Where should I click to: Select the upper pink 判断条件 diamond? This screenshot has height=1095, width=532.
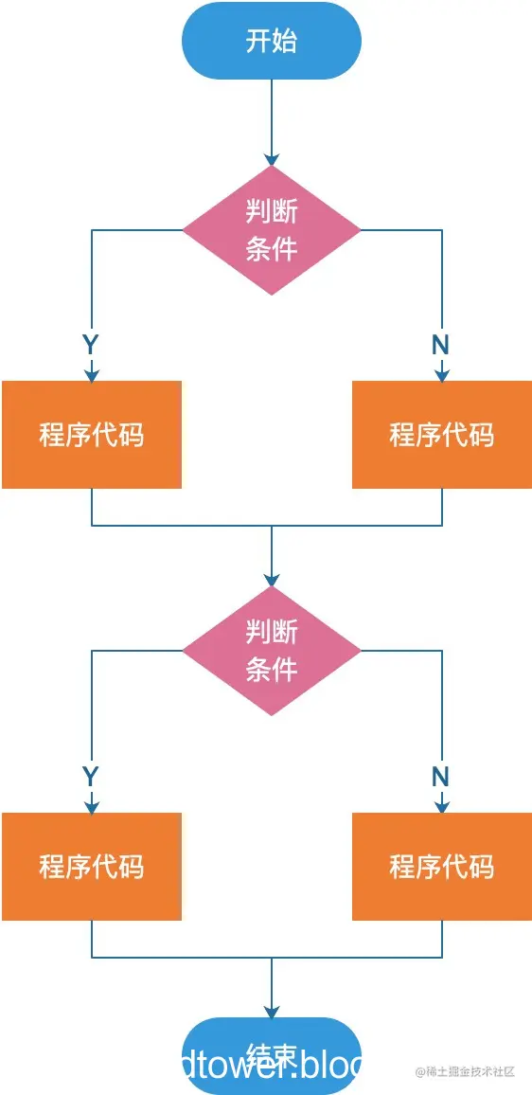pyautogui.click(x=272, y=229)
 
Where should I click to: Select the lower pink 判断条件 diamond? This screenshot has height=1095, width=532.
pyautogui.click(x=272, y=651)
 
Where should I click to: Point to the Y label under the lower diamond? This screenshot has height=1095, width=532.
pyautogui.click(x=91, y=777)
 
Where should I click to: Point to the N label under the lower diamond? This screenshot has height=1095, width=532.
pyautogui.click(x=440, y=777)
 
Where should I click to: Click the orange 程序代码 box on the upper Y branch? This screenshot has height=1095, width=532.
pyautogui.click(x=91, y=435)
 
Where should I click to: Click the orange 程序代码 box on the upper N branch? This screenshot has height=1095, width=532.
pyautogui.click(x=442, y=435)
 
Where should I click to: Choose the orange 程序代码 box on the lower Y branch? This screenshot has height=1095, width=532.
pyautogui.click(x=91, y=866)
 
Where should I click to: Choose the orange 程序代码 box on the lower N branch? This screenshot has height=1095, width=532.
pyautogui.click(x=442, y=866)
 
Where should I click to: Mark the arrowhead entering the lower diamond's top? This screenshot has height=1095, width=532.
pyautogui.click(x=272, y=580)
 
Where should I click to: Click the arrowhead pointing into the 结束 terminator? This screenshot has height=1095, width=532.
pyautogui.click(x=272, y=1012)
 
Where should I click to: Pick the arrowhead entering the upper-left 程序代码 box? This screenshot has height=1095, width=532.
pyautogui.click(x=92, y=375)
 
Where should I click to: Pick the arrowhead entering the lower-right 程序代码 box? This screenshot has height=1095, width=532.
pyautogui.click(x=442, y=806)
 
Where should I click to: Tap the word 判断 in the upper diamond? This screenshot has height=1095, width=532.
pyautogui.click(x=272, y=210)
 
